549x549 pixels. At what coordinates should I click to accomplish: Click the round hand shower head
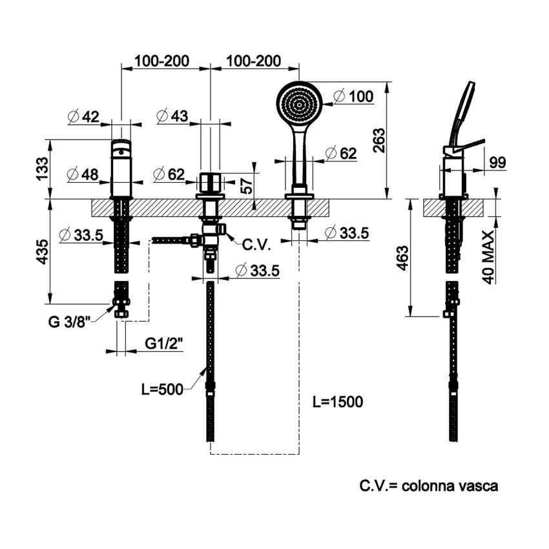click(298, 103)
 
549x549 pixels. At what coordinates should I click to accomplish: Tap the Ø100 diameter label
click(355, 97)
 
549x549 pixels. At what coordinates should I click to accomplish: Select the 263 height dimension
click(379, 140)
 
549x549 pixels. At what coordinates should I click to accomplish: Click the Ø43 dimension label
click(172, 117)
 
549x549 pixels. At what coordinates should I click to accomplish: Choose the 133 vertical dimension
click(43, 169)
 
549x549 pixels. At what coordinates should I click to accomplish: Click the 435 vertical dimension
click(43, 251)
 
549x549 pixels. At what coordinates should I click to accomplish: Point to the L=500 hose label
click(162, 389)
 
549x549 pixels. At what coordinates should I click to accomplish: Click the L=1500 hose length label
click(337, 402)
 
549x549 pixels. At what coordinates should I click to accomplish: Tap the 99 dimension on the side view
click(497, 163)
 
